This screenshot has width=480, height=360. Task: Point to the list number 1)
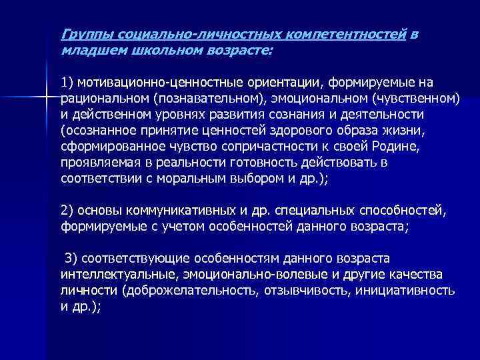(67, 83)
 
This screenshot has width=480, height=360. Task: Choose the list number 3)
(71, 259)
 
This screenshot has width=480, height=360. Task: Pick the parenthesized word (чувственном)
(416, 99)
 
